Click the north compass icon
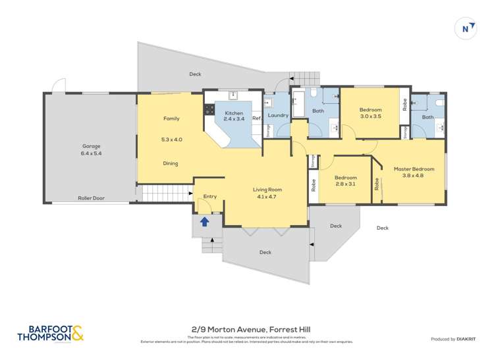pos(466,29)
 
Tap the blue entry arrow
pos(205,222)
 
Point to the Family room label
pos(171,118)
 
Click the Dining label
pos(171,163)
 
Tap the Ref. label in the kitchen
pos(257,118)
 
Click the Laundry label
pos(278,116)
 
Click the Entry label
pos(209,196)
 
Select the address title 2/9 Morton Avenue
pos(247,329)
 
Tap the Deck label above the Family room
pos(195,74)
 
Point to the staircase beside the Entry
pos(157,193)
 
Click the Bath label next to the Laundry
pos(318,111)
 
